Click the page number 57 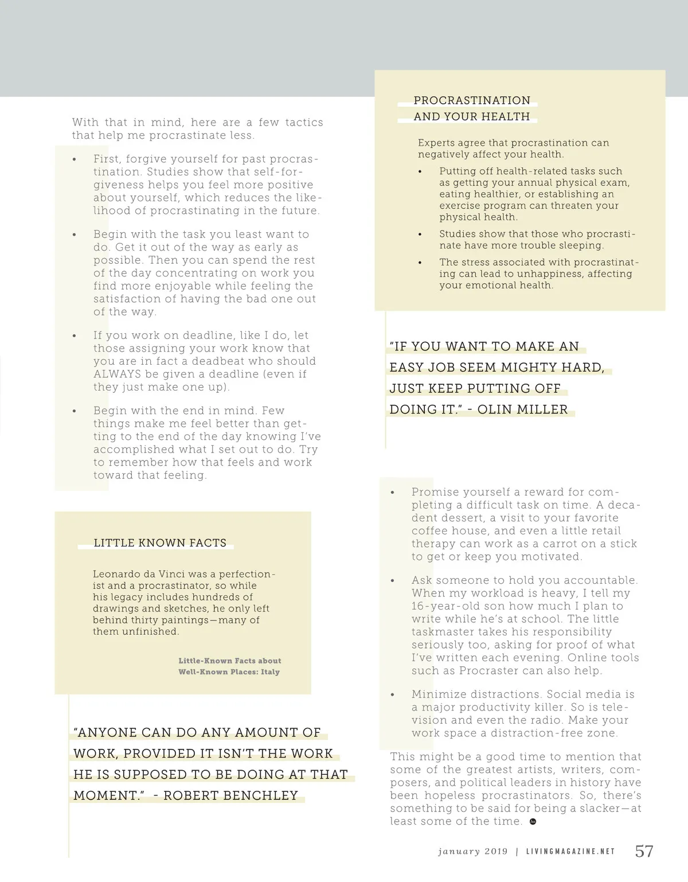point(644,851)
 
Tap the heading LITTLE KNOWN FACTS point(160,543)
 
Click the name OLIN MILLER point(522,409)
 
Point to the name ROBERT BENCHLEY point(230,795)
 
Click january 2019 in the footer point(472,852)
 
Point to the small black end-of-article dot point(533,822)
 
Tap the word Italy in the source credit point(270,672)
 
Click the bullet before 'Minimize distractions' point(393,694)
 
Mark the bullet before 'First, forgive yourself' point(75,159)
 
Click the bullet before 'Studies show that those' point(420,235)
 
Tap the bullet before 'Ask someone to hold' point(393,580)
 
